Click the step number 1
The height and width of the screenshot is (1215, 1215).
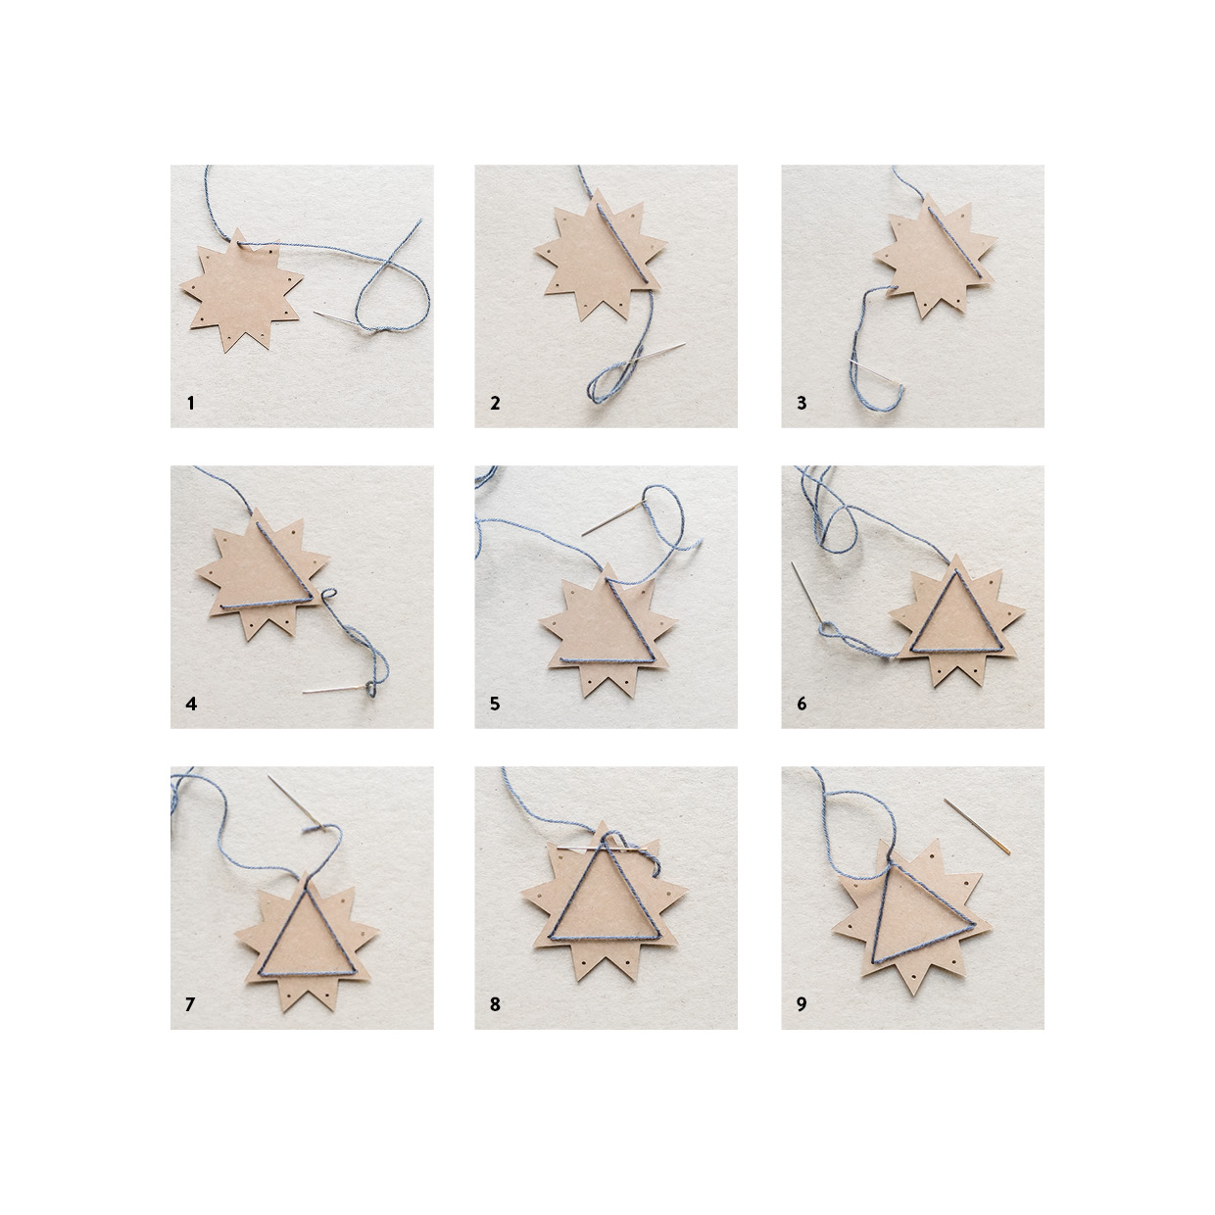pyautogui.click(x=191, y=403)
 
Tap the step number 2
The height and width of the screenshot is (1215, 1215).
pyautogui.click(x=495, y=403)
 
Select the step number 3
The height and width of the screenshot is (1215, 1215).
pyautogui.click(x=802, y=403)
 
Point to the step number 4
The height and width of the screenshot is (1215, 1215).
pyautogui.click(x=191, y=704)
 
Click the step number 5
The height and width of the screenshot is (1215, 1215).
pyautogui.click(x=495, y=704)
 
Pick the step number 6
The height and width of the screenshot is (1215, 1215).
pyautogui.click(x=802, y=704)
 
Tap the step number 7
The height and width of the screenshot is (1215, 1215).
pyautogui.click(x=190, y=1004)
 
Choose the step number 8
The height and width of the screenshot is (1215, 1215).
pyautogui.click(x=495, y=1004)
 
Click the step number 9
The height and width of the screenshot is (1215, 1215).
pyautogui.click(x=802, y=1004)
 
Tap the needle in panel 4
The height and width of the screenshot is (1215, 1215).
pyautogui.click(x=335, y=689)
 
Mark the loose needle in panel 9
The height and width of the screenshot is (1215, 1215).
pyautogui.click(x=977, y=826)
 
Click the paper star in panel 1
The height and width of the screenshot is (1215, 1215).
pyautogui.click(x=241, y=290)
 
